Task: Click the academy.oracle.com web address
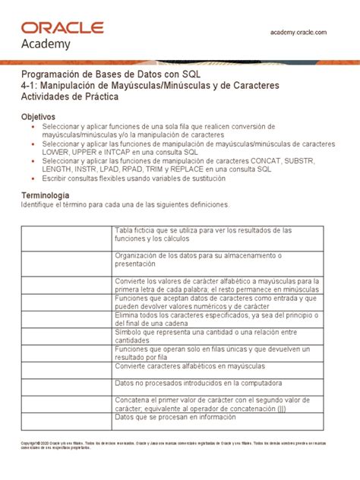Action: pos(298,32)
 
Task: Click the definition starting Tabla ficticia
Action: pos(203,234)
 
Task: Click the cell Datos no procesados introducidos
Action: pos(200,383)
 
